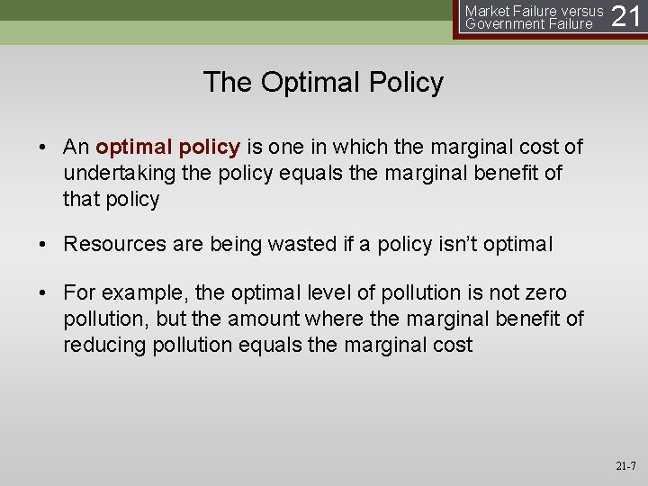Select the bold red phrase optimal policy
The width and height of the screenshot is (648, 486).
click(167, 147)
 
